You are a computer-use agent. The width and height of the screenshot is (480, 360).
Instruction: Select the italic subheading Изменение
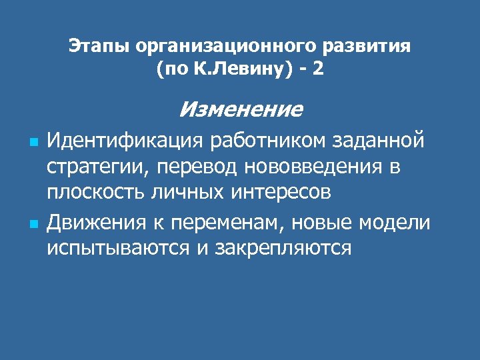click(241, 108)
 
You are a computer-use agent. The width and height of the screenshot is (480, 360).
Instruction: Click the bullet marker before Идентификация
click(33, 143)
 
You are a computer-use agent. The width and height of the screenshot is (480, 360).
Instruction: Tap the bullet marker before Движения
click(33, 221)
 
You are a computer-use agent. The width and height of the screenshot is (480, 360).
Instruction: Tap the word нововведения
click(312, 167)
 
